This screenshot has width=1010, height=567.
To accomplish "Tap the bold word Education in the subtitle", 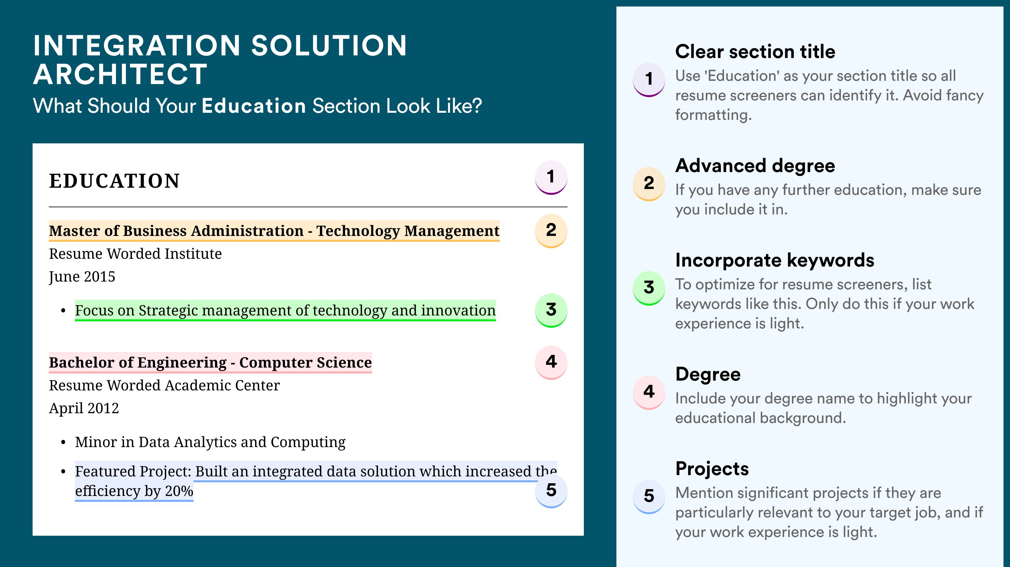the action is tap(254, 106).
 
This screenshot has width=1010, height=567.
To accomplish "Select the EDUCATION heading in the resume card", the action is tap(114, 181).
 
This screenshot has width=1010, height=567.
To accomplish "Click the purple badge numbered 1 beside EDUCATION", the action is tap(551, 177).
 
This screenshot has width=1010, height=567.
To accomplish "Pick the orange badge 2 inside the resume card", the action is tap(551, 231).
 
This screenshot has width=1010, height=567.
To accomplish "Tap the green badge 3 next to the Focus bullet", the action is tap(551, 310).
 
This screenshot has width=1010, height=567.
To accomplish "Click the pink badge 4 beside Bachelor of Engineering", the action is tap(551, 362).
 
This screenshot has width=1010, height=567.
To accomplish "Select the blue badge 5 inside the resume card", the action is tap(551, 491).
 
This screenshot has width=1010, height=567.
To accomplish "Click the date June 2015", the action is tap(82, 277).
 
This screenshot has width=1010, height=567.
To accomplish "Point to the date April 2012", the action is tap(84, 409).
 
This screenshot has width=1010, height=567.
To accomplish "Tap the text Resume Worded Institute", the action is tap(135, 254).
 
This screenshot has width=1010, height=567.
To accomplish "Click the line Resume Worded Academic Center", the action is tap(164, 385).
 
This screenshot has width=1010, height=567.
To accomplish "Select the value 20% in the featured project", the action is tap(179, 491).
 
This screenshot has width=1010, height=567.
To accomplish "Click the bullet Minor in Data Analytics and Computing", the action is tap(210, 442).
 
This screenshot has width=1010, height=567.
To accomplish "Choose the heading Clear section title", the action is tap(755, 51).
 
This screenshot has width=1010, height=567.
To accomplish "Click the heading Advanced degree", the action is tap(755, 166).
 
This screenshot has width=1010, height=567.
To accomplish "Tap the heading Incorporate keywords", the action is tap(775, 260).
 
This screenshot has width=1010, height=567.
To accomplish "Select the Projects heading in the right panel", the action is tap(712, 469).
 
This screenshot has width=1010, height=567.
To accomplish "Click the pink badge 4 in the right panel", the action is tap(649, 392).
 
